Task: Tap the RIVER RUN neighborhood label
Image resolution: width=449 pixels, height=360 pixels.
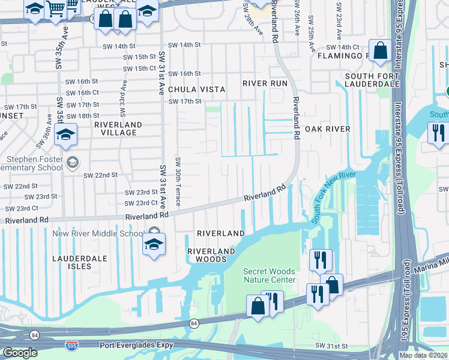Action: point(265,83)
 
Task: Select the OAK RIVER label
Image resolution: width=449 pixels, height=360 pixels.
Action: point(327,129)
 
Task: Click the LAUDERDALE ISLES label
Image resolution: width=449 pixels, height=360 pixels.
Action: point(79,262)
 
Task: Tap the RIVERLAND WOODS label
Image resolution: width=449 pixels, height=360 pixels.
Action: point(207,255)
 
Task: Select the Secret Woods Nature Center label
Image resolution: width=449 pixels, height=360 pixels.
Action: point(269,275)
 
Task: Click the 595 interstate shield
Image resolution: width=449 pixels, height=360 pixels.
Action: point(71,345)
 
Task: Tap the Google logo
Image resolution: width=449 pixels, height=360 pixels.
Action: point(20,353)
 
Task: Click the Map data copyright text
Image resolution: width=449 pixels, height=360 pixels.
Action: point(424,355)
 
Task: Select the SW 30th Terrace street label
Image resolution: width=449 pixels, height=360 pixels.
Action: point(178,182)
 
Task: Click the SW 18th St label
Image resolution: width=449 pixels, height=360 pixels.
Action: point(83,116)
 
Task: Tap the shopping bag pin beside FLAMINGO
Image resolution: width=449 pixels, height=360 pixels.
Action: point(381,51)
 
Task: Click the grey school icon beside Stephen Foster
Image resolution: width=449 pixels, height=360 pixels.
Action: point(73,163)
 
